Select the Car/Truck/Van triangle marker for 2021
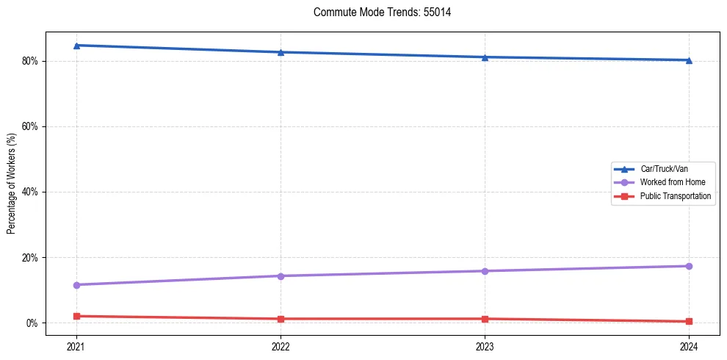(76, 46)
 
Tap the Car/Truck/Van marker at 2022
(281, 52)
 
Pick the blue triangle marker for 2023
(485, 57)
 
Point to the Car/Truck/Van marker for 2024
(689, 60)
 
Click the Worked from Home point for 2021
(76, 285)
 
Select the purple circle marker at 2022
(281, 276)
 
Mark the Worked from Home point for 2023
(485, 271)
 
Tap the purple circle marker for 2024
(689, 266)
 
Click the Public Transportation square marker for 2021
(76, 316)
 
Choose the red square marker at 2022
(281, 319)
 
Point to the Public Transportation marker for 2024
(689, 321)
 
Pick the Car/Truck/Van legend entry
(663, 169)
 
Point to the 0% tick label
(31, 323)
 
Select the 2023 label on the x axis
(485, 345)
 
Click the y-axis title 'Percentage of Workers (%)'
(12, 184)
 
